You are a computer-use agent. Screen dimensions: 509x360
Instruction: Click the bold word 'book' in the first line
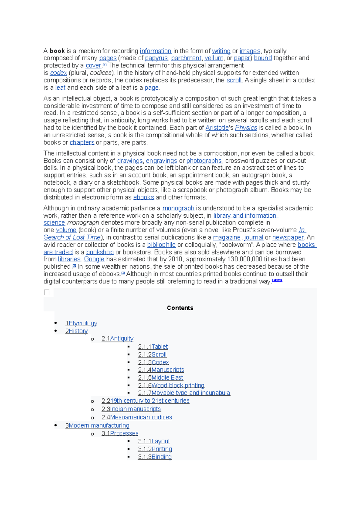tap(57, 51)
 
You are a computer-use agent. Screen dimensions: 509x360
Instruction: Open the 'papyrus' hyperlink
tap(156, 58)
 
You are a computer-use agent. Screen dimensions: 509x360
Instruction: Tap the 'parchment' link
tap(186, 58)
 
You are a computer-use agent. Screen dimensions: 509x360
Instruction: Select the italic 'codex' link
tap(58, 73)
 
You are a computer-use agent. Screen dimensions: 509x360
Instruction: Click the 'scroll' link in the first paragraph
tap(234, 80)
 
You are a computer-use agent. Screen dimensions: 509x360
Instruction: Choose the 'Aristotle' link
tap(217, 128)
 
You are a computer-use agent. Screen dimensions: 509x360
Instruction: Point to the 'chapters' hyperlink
tap(82, 142)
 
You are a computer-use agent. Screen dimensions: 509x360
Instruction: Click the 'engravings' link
tap(161, 161)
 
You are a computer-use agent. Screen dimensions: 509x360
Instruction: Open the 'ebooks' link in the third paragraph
tap(143, 197)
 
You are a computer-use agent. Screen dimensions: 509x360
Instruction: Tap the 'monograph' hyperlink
tap(178, 208)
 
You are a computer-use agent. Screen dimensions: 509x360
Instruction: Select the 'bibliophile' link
tap(161, 245)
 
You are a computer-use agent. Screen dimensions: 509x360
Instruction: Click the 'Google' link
tap(94, 259)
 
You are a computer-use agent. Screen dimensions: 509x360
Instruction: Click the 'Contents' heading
tap(180, 308)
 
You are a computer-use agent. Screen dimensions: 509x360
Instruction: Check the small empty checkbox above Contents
tap(46, 292)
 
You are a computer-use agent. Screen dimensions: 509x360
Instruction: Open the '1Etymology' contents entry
tap(81, 323)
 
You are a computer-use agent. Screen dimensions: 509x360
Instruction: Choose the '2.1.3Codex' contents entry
tap(153, 362)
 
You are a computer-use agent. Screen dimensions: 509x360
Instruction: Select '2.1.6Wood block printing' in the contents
tap(171, 385)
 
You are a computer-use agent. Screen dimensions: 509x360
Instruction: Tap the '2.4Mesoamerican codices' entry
tap(136, 417)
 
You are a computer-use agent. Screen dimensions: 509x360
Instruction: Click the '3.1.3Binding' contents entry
tap(155, 457)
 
